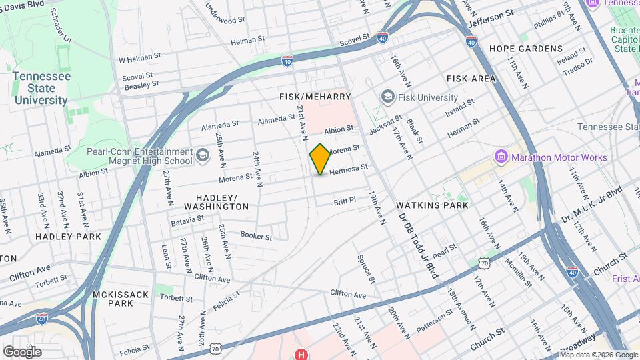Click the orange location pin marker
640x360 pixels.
[320, 159]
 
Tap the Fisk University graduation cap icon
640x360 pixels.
[387, 97]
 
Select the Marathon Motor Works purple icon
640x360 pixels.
[501, 157]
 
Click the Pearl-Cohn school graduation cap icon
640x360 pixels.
[202, 156]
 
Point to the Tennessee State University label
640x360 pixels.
[41, 88]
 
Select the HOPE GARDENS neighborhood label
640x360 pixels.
[526, 49]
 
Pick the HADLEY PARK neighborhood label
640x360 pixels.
[68, 236]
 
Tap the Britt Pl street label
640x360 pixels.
[345, 199]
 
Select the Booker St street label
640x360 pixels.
[256, 236]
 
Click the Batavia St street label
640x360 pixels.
[187, 221]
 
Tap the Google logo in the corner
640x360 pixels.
[22, 351]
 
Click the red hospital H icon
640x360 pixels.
[302, 354]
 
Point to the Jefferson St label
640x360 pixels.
[491, 17]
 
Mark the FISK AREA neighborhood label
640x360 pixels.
[471, 79]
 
